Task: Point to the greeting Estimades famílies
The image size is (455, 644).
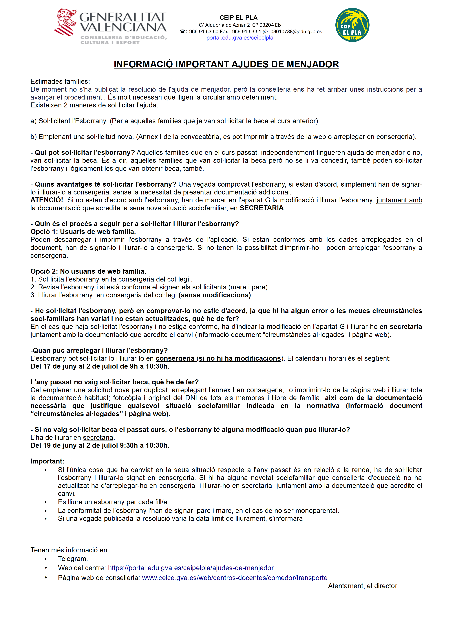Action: [x=60, y=82]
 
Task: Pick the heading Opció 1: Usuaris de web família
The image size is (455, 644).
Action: [x=83, y=232]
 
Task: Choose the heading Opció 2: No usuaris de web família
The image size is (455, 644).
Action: [x=88, y=271]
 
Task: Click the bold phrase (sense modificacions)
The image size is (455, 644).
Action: [x=215, y=295]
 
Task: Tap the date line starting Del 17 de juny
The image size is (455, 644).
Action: [x=100, y=366]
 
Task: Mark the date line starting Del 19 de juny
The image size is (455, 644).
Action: [x=100, y=445]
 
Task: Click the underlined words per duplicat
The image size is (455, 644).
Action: [x=150, y=390]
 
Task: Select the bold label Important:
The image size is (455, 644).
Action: [x=47, y=461]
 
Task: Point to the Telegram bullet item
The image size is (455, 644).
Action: [x=73, y=559]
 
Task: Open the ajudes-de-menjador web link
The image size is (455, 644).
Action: [x=191, y=568]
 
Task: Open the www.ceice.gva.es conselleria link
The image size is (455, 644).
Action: [x=235, y=578]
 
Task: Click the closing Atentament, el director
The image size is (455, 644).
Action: [x=363, y=586]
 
